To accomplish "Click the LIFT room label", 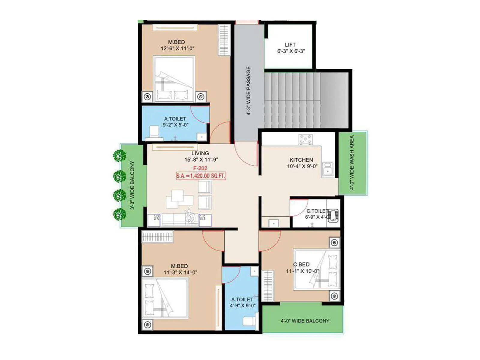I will pyautogui.click(x=290, y=45).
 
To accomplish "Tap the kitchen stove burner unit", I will pyautogui.click(x=305, y=139).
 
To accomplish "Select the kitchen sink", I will pyautogui.click(x=328, y=169).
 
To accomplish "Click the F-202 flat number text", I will pyautogui.click(x=200, y=168).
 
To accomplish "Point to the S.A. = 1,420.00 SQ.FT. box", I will pyautogui.click(x=201, y=176).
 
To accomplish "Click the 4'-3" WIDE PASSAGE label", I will pyautogui.click(x=248, y=91).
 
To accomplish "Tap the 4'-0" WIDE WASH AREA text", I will pyautogui.click(x=352, y=162).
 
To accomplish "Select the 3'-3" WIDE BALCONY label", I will pyautogui.click(x=132, y=185).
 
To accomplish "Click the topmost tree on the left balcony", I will pyautogui.click(x=119, y=156).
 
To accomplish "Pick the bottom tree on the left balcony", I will pyautogui.click(x=119, y=214).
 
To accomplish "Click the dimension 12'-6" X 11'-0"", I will pyautogui.click(x=178, y=49).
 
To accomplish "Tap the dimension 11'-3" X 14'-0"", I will pyautogui.click(x=180, y=272).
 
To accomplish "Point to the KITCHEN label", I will pyautogui.click(x=301, y=160).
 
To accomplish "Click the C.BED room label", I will pyautogui.click(x=301, y=264).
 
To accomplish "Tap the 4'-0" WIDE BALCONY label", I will pyautogui.click(x=305, y=321).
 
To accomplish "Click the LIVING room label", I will pyautogui.click(x=200, y=153).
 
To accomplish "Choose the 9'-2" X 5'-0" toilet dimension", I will pyautogui.click(x=175, y=125).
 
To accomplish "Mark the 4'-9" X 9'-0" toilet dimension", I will pyautogui.click(x=242, y=305).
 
